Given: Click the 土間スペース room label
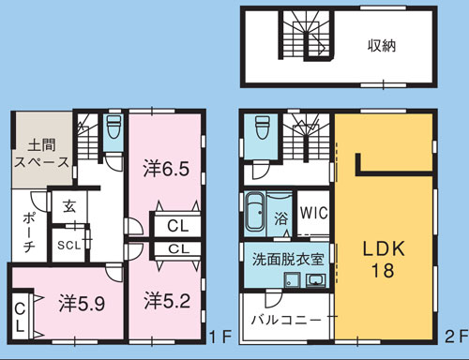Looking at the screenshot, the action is click(41, 154).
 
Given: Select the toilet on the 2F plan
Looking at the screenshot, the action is click(262, 127).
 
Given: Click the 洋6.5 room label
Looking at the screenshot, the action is click(166, 169).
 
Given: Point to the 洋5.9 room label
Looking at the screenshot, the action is click(82, 304).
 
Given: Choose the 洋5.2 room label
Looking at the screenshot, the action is click(167, 301).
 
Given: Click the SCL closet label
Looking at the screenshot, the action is click(69, 246).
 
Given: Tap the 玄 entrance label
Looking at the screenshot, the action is click(69, 206).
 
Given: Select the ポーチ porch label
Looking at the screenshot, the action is click(29, 232).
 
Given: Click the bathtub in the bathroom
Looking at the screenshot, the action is click(255, 212).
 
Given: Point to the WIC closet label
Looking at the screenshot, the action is click(314, 213).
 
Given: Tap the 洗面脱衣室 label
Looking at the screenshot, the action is click(288, 259).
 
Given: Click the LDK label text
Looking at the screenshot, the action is click(384, 249).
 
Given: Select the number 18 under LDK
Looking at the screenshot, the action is click(383, 270).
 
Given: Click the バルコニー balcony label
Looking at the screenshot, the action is click(286, 320).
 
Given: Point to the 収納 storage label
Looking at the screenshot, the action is click(382, 46).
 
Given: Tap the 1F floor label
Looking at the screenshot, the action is click(220, 337).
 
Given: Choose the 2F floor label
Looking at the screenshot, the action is click(455, 337).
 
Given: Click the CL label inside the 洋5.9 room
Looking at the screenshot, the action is click(20, 318).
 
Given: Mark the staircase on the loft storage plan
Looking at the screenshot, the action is click(308, 35).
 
